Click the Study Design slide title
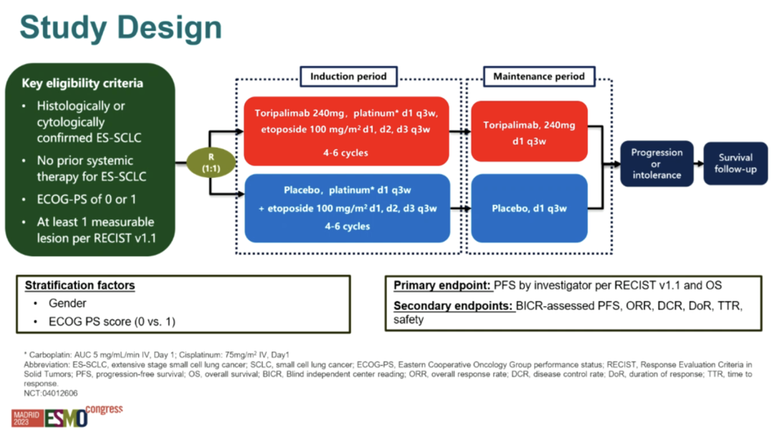pos(120,28)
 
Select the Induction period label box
pos(349,76)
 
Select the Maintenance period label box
pos(538,76)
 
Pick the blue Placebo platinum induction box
pos(347,208)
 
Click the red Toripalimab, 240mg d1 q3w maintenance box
pos(529,131)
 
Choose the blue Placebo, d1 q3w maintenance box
pos(529,209)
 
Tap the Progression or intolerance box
pos(656,163)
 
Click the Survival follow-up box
pos(735,163)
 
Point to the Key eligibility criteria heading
pos(82,83)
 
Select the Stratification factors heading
pos(80,285)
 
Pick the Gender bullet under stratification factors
pos(68,303)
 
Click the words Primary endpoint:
pos(441,285)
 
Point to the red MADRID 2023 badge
pos(27,418)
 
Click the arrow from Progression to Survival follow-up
pos(697,163)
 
